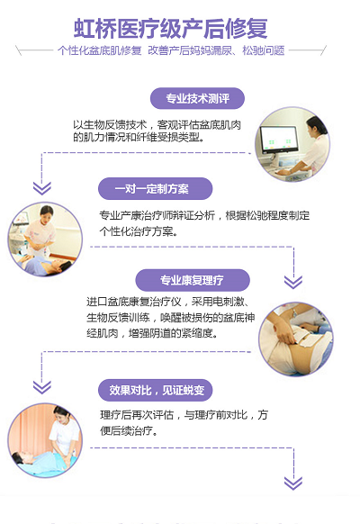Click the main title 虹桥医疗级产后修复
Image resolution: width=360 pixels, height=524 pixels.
click(171, 29)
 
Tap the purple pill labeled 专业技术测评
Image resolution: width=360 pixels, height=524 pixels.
click(197, 98)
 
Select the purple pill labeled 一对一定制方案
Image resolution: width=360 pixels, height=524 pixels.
click(156, 189)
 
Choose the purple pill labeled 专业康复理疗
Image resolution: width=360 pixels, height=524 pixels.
click(193, 280)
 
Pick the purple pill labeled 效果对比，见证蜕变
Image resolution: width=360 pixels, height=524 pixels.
click(156, 390)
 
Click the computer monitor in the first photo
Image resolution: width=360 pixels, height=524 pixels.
click(280, 139)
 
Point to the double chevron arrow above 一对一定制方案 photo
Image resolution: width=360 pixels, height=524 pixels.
click(42, 188)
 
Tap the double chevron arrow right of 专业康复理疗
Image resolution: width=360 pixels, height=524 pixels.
click(293, 282)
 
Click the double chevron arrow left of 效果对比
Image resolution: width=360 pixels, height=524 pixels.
click(42, 387)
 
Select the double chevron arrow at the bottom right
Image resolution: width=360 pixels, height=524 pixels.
click(293, 483)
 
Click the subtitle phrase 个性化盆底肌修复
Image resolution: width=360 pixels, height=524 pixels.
click(100, 50)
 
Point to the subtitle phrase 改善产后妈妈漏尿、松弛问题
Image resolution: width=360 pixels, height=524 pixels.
click(216, 50)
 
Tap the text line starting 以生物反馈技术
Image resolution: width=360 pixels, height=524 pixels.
click(157, 125)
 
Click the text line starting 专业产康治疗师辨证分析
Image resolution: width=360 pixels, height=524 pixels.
click(204, 215)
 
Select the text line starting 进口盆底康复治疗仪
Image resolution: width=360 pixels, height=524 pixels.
click(167, 302)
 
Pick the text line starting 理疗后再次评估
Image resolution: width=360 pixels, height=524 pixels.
click(184, 415)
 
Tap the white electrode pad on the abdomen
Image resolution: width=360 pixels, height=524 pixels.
click(306, 339)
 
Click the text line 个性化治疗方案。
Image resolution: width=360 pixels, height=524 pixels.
click(139, 231)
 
